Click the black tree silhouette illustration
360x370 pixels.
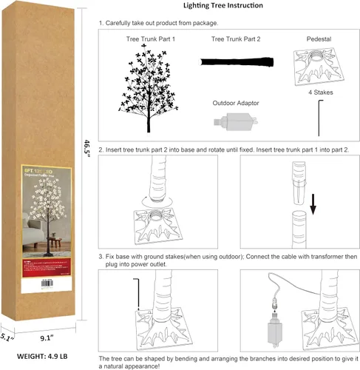[x=152, y=84]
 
